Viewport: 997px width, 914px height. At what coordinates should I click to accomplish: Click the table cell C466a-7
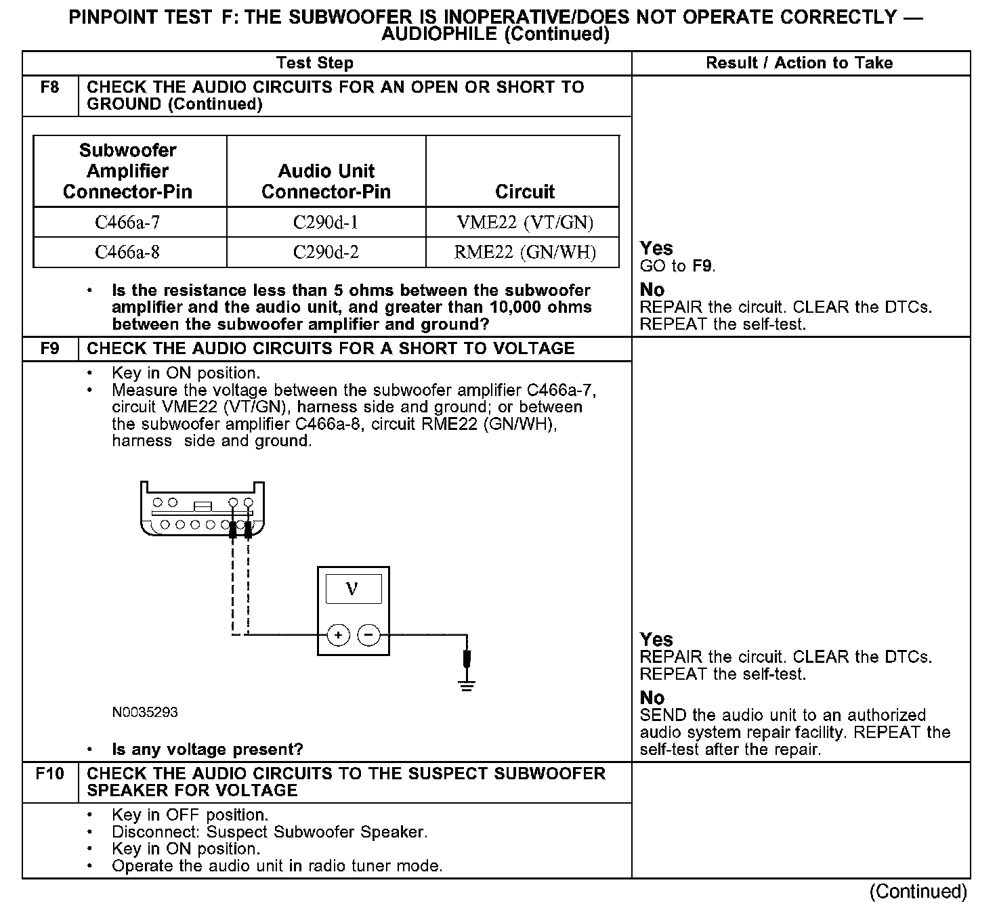(128, 222)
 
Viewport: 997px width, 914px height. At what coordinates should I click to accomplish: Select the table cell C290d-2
(326, 253)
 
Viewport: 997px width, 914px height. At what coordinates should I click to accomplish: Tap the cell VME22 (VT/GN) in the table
(525, 222)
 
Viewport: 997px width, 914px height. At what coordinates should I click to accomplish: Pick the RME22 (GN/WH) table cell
(525, 253)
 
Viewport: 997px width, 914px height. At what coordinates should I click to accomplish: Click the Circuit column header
(525, 192)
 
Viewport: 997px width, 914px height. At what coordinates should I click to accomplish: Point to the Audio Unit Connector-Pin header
(326, 181)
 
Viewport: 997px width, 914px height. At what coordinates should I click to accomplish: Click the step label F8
(50, 87)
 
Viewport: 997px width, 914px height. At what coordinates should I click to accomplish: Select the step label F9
(50, 349)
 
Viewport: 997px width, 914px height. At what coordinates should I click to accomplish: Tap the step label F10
(50, 773)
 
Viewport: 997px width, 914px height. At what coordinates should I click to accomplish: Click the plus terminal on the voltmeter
(338, 635)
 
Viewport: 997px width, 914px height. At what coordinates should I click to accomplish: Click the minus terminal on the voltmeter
(368, 635)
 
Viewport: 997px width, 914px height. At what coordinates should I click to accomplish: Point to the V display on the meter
(353, 589)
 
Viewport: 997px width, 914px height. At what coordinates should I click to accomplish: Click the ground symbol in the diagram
(467, 685)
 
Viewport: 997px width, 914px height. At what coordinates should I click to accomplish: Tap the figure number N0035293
(145, 712)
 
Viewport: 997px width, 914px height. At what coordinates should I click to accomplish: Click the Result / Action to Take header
(799, 63)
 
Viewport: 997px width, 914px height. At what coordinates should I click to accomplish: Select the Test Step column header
(315, 63)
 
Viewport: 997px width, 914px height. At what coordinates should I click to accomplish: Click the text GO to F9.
(677, 266)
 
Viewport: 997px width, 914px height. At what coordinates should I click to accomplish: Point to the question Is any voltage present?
(207, 749)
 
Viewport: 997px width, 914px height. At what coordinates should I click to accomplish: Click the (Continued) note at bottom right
(918, 892)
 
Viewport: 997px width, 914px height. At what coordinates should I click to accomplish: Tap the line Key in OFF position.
(190, 814)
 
